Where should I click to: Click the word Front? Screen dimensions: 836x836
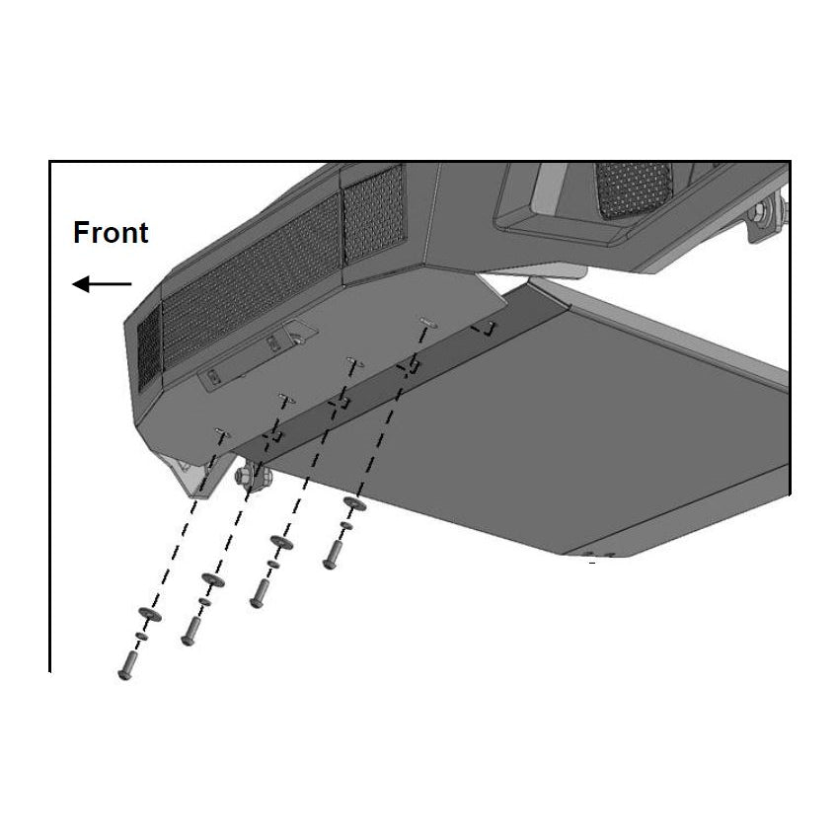tap(111, 233)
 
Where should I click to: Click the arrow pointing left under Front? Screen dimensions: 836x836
tap(102, 284)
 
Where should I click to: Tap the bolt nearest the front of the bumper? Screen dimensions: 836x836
tap(127, 666)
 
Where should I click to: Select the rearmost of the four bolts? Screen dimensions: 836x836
tap(331, 555)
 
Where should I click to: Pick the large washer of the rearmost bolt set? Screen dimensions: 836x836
tap(354, 503)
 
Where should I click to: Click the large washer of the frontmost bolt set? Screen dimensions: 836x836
tap(150, 614)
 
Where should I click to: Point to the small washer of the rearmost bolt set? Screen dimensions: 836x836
tap(346, 527)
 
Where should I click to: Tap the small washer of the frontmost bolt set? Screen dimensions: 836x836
tap(142, 636)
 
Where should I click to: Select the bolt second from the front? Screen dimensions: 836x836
tap(190, 632)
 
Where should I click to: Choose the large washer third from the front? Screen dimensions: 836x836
tap(281, 543)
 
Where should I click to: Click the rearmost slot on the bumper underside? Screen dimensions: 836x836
tap(428, 322)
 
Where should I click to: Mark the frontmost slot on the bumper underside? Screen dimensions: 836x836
tap(222, 432)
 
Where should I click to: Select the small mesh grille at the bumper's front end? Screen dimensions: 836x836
tap(149, 349)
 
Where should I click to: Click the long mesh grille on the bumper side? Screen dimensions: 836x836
tap(252, 282)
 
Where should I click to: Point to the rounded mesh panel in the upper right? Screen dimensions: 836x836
tap(633, 190)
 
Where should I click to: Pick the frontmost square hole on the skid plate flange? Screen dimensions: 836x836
tap(274, 435)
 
